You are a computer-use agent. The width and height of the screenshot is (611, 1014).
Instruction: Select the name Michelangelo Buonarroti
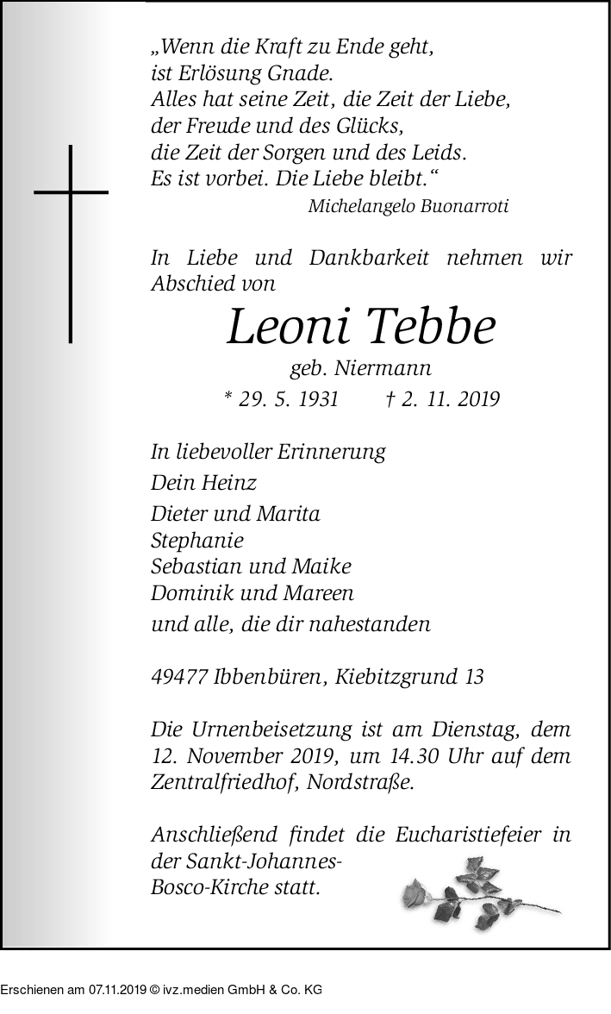[408, 206]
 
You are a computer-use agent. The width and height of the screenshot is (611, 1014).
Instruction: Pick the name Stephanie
[196, 541]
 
